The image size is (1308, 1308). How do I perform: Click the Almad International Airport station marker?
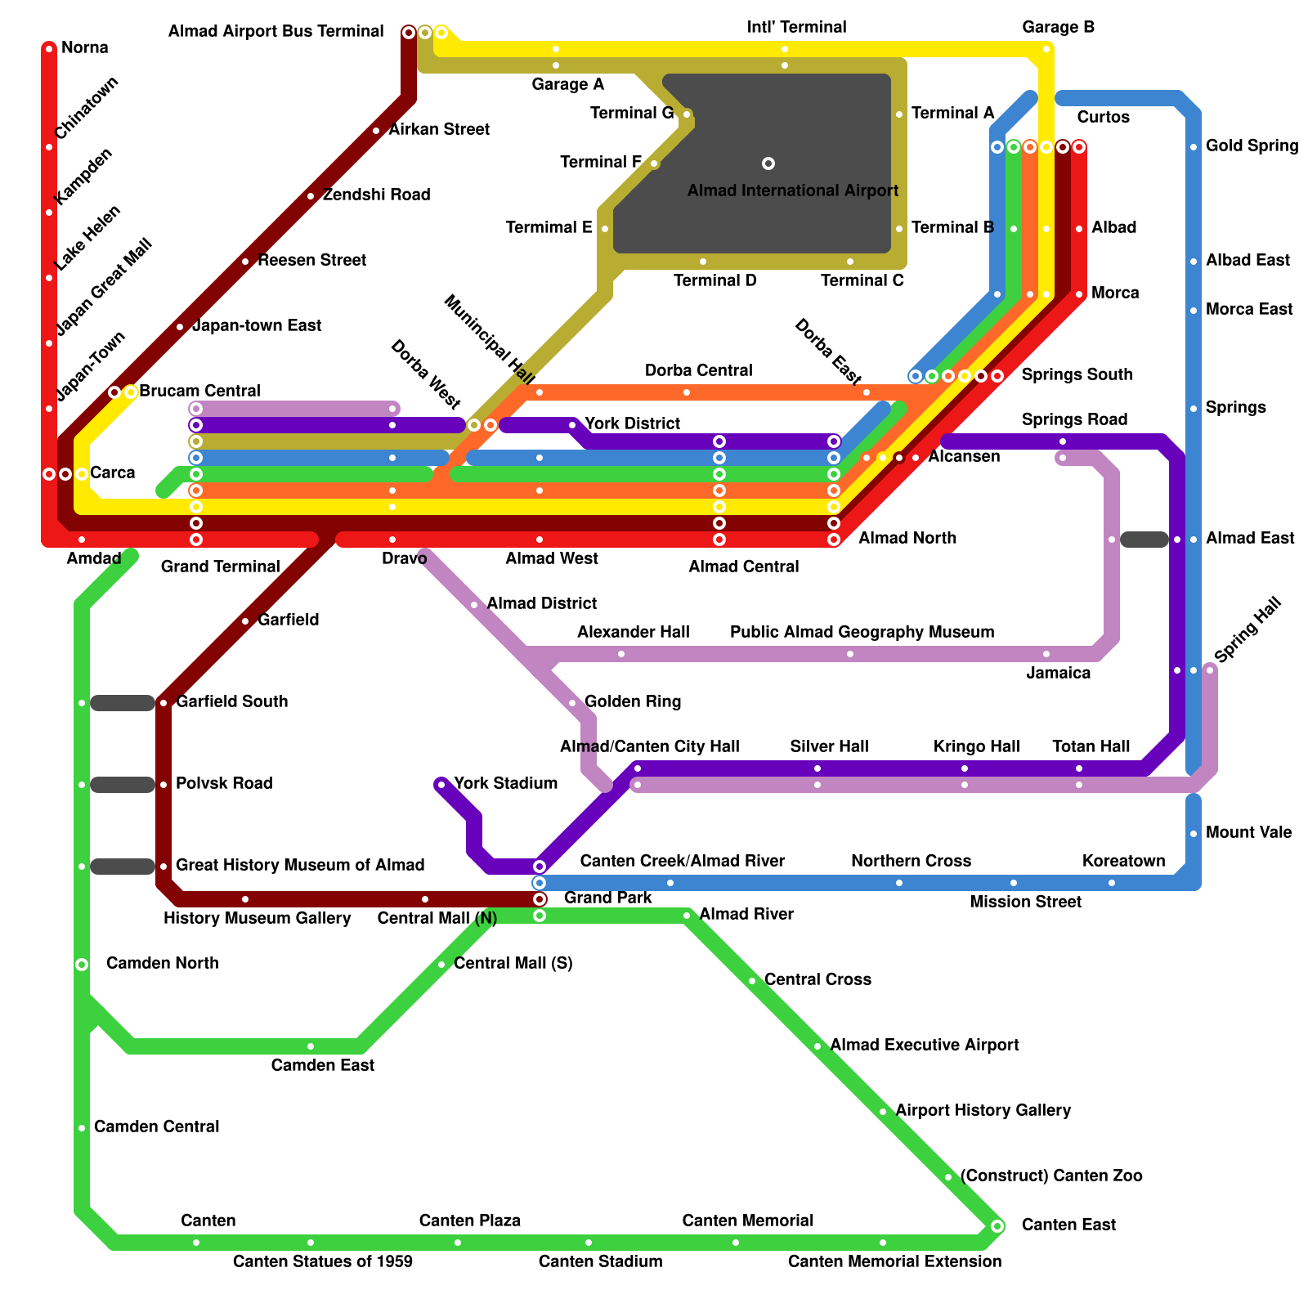point(768,163)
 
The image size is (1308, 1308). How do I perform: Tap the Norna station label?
point(84,47)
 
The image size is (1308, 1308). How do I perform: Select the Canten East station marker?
point(997,1225)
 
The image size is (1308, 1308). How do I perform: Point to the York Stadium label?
point(505,783)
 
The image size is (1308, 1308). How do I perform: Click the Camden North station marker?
point(82,965)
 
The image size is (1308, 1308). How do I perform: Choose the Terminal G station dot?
point(687,114)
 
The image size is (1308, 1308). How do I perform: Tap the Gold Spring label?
point(1252,146)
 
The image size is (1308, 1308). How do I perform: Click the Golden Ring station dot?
point(572,703)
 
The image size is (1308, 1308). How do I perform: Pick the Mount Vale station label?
point(1248,832)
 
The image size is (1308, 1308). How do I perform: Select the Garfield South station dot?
point(163,703)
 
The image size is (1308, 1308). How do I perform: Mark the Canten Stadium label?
point(600,1261)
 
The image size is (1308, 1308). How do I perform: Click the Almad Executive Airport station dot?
point(817,1046)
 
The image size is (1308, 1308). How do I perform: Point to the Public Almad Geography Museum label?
point(862,632)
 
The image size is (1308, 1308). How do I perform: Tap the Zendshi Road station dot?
point(311,196)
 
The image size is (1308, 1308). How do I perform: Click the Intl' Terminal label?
point(796,27)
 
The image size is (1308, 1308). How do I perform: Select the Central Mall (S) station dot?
point(441,965)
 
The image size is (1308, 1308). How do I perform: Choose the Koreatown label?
point(1123,861)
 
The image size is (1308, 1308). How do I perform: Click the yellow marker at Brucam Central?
point(131,392)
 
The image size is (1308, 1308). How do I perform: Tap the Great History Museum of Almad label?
point(300,865)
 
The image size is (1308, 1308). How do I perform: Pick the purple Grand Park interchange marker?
point(540,867)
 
